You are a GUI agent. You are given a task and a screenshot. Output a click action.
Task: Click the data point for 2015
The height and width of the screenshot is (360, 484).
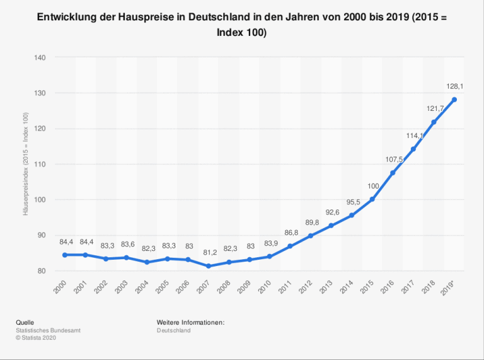(372, 199)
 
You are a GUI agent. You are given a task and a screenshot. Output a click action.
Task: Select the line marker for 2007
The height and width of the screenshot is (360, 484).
(208, 266)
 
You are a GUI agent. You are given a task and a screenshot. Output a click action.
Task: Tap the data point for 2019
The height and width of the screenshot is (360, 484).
(454, 100)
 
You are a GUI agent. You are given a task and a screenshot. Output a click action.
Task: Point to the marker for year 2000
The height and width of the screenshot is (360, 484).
(64, 255)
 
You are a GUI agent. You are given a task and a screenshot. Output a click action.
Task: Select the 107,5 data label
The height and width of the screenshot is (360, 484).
(394, 160)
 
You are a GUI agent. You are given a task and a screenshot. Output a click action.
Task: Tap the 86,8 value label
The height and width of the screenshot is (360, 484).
(291, 233)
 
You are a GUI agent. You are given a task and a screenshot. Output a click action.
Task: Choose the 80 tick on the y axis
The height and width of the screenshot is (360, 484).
(42, 271)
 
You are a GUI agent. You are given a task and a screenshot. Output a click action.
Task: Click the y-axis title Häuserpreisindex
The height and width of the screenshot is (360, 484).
(26, 164)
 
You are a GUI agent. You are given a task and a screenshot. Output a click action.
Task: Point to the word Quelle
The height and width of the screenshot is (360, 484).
(25, 322)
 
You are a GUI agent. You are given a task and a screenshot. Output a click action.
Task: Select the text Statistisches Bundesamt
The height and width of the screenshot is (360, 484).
(48, 330)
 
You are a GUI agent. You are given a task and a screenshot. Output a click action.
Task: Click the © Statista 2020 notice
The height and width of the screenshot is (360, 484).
(37, 337)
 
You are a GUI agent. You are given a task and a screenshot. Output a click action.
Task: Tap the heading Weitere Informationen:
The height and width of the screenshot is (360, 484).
(190, 322)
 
